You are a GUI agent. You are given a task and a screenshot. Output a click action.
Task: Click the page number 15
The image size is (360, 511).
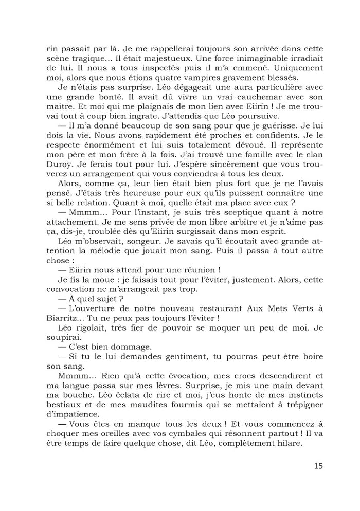(317, 466)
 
